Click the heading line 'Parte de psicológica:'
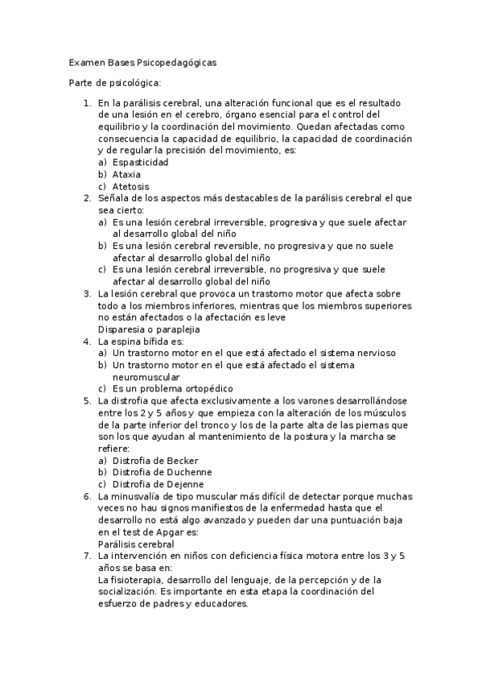coord(115,83)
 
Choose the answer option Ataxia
coord(127,173)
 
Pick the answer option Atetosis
coord(130,186)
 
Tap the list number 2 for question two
coord(87,197)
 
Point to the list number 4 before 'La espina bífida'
coord(87,341)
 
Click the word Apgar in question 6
coord(177,532)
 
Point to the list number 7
coord(87,556)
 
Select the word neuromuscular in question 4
coord(146,376)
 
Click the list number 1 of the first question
coord(87,102)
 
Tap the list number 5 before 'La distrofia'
coord(87,400)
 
